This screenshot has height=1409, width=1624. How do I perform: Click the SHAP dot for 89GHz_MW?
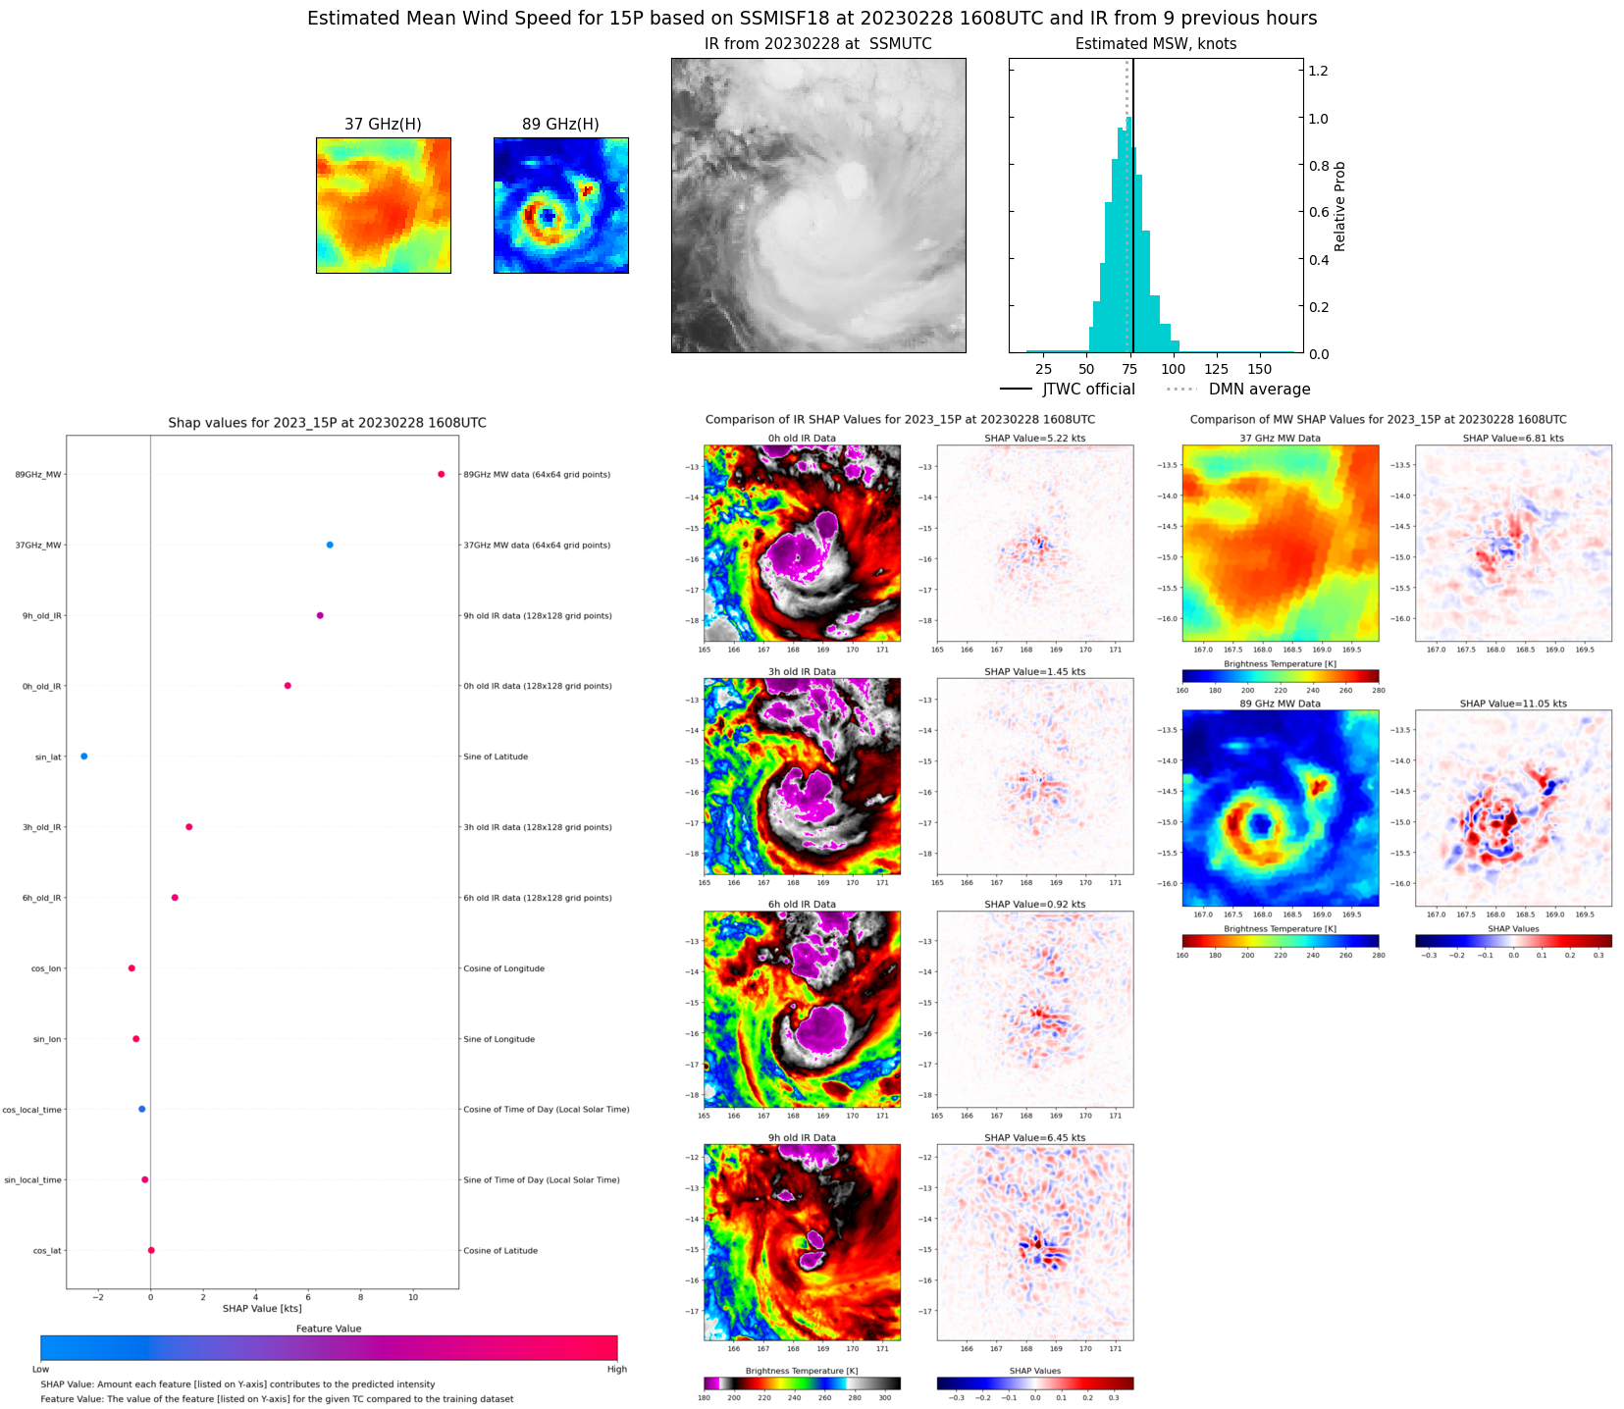pyautogui.click(x=441, y=474)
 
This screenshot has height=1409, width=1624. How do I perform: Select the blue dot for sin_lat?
pyautogui.click(x=84, y=757)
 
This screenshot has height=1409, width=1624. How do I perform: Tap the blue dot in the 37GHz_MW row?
pyautogui.click(x=330, y=545)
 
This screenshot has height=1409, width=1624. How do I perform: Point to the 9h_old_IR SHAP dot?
pyautogui.click(x=320, y=615)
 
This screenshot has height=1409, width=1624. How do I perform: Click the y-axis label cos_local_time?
pyautogui.click(x=32, y=1110)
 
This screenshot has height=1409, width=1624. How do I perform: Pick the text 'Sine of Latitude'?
pyautogui.click(x=496, y=757)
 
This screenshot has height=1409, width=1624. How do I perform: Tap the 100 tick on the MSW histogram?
pyautogui.click(x=1173, y=369)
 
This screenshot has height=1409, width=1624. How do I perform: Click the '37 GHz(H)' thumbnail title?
pyautogui.click(x=383, y=124)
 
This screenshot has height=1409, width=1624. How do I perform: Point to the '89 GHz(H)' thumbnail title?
pyautogui.click(x=560, y=124)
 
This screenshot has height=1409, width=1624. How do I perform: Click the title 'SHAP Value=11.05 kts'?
pyautogui.click(x=1513, y=704)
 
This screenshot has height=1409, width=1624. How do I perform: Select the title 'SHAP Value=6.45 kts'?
pyautogui.click(x=1035, y=1138)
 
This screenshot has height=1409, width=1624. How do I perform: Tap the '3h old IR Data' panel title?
pyautogui.click(x=802, y=672)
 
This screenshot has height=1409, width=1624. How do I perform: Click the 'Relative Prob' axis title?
pyautogui.click(x=1340, y=206)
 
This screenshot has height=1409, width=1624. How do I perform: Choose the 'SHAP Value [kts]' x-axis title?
pyautogui.click(x=262, y=1308)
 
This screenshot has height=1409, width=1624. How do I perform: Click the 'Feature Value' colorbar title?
pyautogui.click(x=329, y=1329)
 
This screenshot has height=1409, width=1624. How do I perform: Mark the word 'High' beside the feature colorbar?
pyautogui.click(x=616, y=1369)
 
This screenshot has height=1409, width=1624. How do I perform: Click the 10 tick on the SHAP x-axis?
pyautogui.click(x=413, y=1297)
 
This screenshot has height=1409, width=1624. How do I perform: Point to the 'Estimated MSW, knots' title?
pyautogui.click(x=1156, y=44)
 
